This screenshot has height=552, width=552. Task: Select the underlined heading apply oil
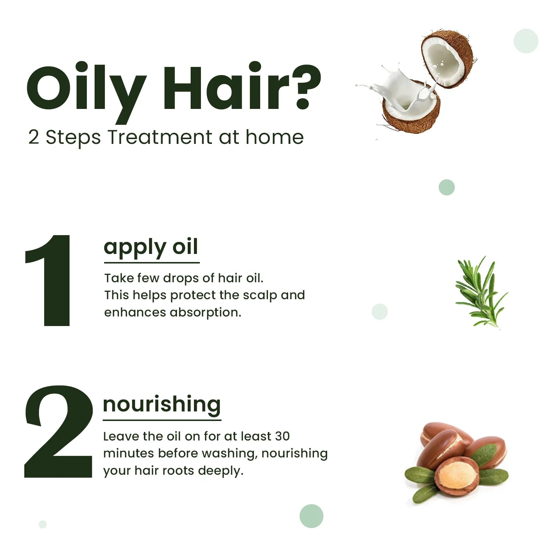tap(151, 247)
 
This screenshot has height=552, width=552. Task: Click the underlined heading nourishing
tap(162, 404)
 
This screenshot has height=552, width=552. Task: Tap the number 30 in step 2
tap(282, 436)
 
